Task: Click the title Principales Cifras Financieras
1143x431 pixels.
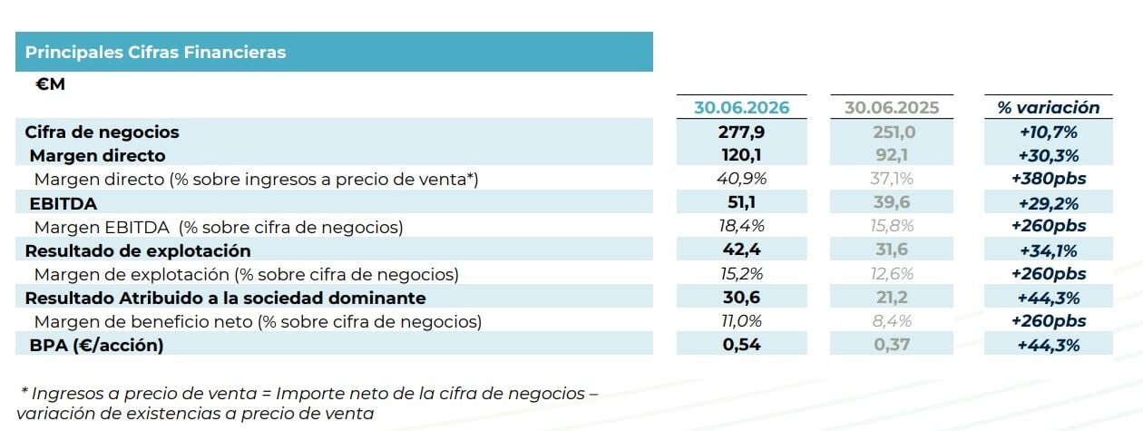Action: click(155, 52)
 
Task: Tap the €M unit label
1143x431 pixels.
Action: click(50, 83)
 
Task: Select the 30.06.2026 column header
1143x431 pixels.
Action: click(741, 107)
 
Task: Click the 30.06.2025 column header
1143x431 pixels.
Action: click(892, 107)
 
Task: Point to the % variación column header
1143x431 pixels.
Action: click(1048, 107)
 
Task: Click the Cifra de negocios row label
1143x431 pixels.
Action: click(102, 132)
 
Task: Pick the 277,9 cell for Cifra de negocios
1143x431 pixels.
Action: click(741, 132)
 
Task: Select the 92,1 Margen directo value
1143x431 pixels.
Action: click(892, 155)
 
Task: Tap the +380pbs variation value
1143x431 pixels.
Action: click(1048, 179)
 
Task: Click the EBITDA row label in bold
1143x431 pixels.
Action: click(63, 204)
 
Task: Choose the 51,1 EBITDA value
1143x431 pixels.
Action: click(741, 202)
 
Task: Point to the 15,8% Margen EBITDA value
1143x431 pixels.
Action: click(892, 226)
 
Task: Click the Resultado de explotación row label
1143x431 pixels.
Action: click(138, 250)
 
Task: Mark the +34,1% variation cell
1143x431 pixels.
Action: click(1048, 250)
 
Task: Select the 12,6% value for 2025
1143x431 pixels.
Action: click(892, 274)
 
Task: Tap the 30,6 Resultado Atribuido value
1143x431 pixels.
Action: click(741, 297)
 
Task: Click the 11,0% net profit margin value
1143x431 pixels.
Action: click(741, 320)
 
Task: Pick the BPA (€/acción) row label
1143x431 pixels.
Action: click(96, 345)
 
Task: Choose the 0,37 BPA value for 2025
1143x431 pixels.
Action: click(892, 344)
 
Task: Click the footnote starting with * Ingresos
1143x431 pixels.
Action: click(308, 403)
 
